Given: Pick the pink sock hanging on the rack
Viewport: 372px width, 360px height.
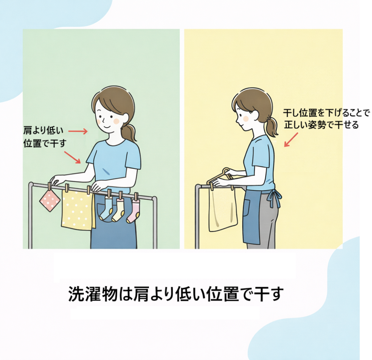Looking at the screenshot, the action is [134, 212].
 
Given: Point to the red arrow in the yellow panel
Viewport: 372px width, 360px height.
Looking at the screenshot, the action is [291, 140].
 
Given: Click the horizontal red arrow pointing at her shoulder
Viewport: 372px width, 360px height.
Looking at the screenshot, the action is [78, 131].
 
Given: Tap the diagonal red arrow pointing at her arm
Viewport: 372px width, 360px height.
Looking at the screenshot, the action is [72, 157].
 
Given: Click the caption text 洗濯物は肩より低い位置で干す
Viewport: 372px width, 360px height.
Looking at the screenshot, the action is [176, 294].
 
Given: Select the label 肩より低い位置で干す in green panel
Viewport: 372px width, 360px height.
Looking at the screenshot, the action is [45, 137].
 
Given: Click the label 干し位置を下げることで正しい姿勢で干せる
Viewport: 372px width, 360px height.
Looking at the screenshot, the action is [326, 119].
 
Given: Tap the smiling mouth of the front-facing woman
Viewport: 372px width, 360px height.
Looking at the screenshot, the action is [106, 126].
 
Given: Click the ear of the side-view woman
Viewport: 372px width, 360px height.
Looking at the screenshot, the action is [255, 116].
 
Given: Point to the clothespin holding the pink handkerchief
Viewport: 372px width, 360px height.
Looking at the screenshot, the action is [49, 187].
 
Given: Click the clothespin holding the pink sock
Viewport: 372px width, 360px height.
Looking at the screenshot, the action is [136, 196].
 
